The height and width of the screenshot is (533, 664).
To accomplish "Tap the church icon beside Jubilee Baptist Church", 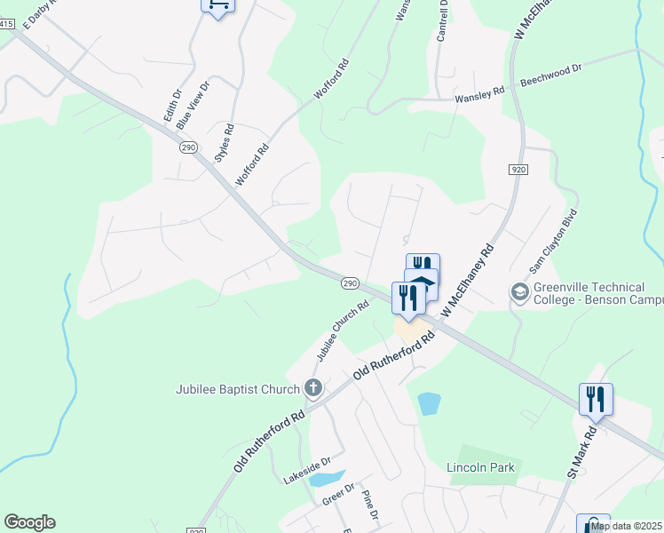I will coord(312,387).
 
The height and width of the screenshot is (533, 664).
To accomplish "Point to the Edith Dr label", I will coord(171,105).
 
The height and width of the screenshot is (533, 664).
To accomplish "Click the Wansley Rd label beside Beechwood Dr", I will coord(479,94).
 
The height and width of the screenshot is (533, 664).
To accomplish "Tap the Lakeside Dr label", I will coord(307,471).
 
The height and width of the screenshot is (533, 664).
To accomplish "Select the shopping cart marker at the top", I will coord(217,4).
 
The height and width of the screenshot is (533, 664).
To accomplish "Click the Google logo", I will coord(29,522).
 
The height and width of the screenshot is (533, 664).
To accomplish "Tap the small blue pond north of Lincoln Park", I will coord(429,403).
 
